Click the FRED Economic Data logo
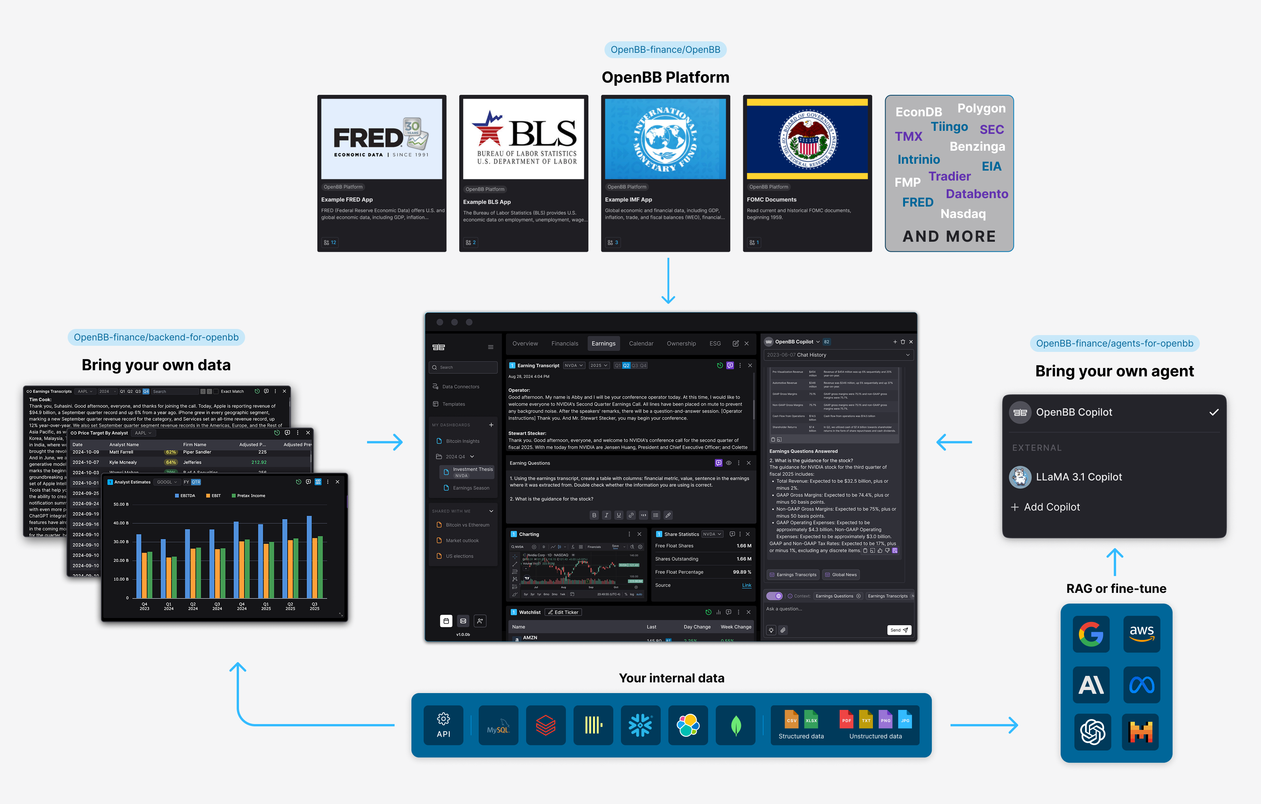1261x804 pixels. (381, 139)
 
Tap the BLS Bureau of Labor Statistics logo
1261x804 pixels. (524, 139)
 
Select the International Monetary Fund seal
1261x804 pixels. (665, 139)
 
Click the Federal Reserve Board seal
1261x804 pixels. (807, 139)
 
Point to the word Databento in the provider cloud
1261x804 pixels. (977, 194)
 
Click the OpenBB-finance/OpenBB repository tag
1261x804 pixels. (665, 50)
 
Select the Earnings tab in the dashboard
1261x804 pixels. (603, 343)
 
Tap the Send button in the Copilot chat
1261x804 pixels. (899, 630)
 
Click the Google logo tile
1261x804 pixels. (1091, 634)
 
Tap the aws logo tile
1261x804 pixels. (1142, 634)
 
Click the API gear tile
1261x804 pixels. (444, 725)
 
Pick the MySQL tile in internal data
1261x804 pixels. (498, 725)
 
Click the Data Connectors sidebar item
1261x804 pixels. (460, 387)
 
